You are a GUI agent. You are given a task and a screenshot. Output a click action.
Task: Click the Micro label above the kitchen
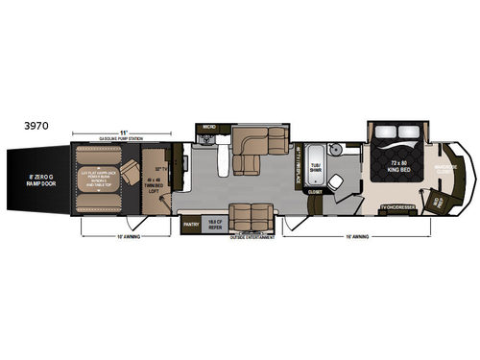(x=205, y=126)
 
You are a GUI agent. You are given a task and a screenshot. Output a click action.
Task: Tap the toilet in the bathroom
(x=354, y=150)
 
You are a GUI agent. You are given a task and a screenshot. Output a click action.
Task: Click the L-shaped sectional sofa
(x=259, y=142)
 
